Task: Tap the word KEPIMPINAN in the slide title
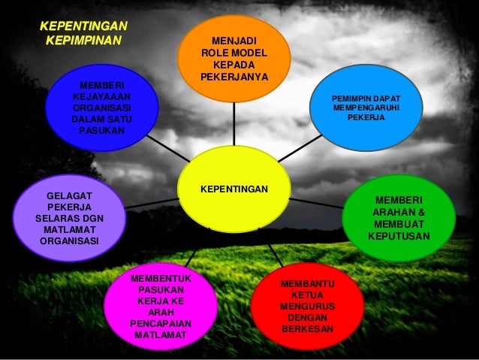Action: coord(83,38)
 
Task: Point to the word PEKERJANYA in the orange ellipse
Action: coord(233,77)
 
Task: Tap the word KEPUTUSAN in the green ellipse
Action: coord(399,236)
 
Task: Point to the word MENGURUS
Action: coord(306,307)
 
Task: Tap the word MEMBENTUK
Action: coord(160,278)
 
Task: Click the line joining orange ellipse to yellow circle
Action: coord(233,124)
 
